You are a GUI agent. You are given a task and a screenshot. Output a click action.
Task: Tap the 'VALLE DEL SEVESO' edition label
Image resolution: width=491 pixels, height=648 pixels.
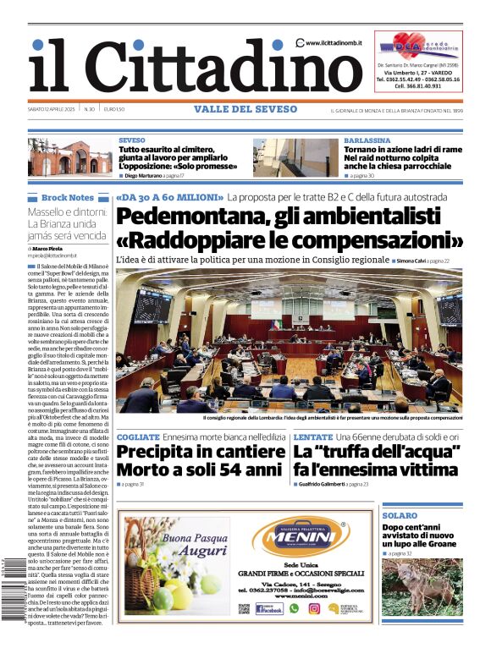pos(245,109)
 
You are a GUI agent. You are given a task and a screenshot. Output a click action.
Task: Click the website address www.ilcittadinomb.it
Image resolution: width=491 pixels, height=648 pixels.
pos(337,43)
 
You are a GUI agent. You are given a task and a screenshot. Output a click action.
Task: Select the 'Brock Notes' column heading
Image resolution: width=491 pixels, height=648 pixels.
pos(67,197)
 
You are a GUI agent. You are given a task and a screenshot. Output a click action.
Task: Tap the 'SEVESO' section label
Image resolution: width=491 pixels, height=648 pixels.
pos(132,140)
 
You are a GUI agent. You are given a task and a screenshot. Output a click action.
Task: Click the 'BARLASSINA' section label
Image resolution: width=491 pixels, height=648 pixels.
pos(367,140)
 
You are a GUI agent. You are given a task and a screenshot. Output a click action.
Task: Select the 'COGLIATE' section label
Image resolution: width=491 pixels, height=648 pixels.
pos(136,436)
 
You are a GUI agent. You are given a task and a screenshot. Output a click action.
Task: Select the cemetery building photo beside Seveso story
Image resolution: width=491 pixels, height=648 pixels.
pos(69,157)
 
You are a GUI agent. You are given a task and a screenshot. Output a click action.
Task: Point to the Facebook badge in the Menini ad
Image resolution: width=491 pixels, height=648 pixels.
pos(269,607)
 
